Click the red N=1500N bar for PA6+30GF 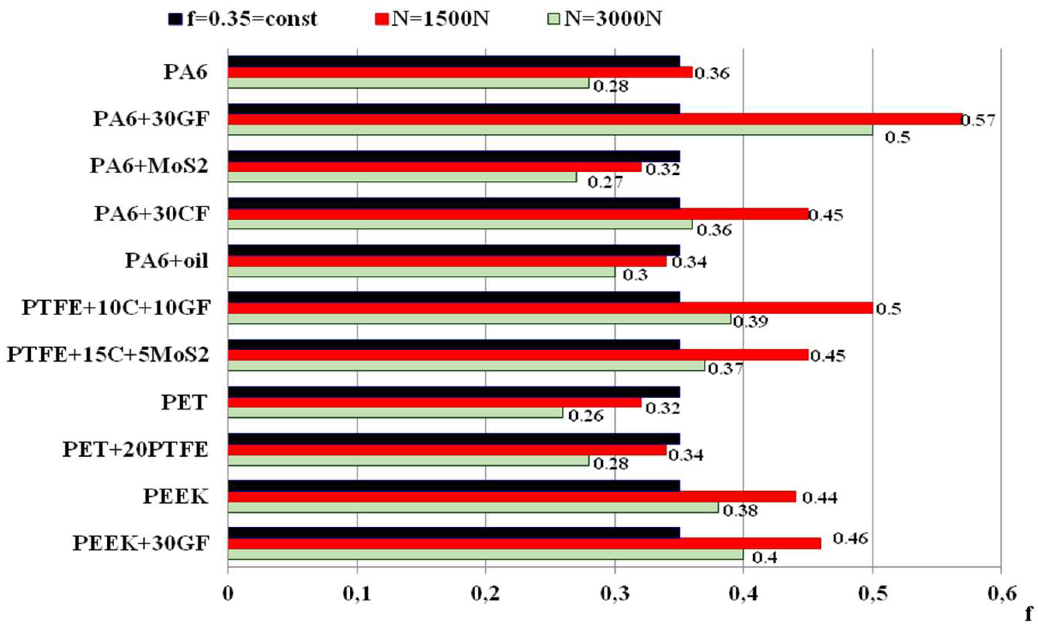tap(594, 119)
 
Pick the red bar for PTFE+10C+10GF tap(550, 308)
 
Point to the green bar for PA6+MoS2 tap(402, 178)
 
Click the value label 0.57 tap(978, 121)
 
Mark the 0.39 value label tap(751, 322)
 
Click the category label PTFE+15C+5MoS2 tap(108, 355)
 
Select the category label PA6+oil tap(167, 261)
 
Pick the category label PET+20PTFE tap(136, 450)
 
